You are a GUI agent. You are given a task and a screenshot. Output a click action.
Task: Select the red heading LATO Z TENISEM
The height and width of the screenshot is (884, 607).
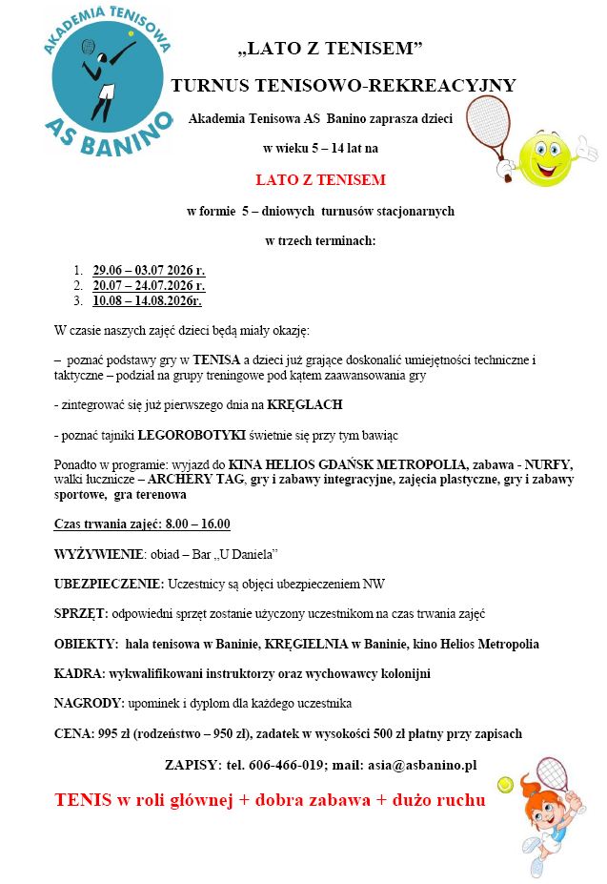click(x=320, y=179)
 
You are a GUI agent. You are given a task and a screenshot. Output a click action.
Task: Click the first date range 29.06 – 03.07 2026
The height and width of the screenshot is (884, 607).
click(x=149, y=270)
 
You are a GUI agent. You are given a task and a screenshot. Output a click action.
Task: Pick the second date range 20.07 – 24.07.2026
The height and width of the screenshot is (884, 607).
click(x=149, y=285)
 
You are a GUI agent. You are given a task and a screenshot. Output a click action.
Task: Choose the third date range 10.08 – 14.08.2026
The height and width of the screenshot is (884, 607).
click(x=147, y=300)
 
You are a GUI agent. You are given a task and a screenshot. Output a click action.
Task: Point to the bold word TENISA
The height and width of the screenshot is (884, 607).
click(x=218, y=360)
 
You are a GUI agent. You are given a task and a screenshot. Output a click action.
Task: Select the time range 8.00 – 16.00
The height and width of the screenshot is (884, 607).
click(x=196, y=524)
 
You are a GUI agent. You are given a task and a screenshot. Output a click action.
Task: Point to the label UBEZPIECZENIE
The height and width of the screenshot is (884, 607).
click(x=109, y=584)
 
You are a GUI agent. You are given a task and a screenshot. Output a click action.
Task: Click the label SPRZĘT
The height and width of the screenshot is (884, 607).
click(x=81, y=613)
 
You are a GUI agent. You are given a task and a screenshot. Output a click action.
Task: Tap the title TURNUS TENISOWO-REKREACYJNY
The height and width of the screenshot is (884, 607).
click(x=343, y=86)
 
